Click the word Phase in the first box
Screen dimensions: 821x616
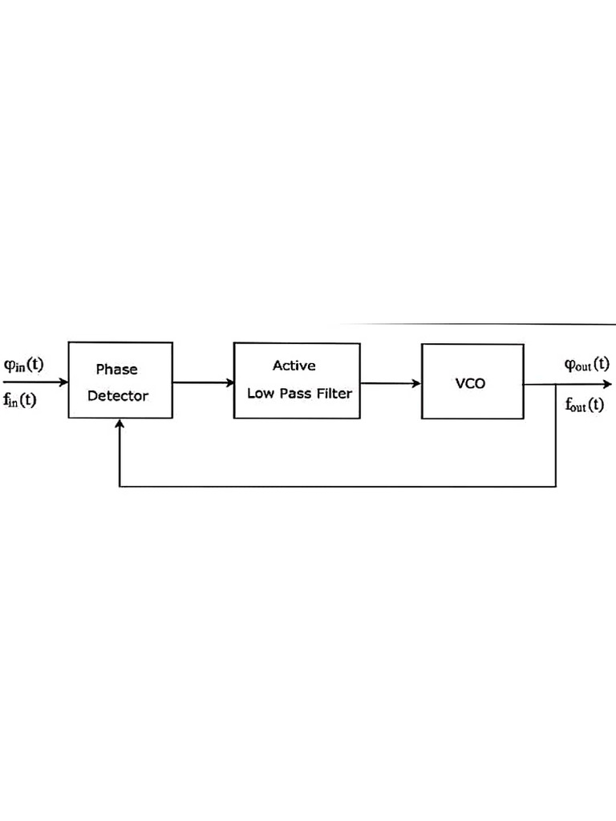click(x=117, y=370)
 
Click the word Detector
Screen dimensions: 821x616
click(x=118, y=396)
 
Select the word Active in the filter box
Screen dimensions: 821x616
click(x=294, y=366)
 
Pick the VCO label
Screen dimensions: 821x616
click(x=470, y=383)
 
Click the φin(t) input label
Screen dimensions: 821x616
click(x=23, y=365)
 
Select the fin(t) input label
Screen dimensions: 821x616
click(x=20, y=399)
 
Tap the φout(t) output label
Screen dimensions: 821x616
click(x=586, y=365)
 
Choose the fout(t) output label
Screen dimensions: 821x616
click(x=585, y=405)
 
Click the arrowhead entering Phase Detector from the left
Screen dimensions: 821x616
click(x=63, y=382)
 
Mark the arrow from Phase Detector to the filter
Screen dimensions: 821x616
click(x=203, y=382)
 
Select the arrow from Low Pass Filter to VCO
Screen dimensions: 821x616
click(x=391, y=383)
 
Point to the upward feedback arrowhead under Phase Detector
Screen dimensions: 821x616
click(x=120, y=424)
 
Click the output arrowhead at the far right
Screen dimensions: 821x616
click(x=607, y=384)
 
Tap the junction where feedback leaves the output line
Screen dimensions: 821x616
click(x=556, y=384)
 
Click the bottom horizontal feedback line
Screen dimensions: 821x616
click(x=337, y=487)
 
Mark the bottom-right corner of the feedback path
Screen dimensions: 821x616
click(x=556, y=487)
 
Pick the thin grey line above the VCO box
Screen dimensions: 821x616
click(x=481, y=324)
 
